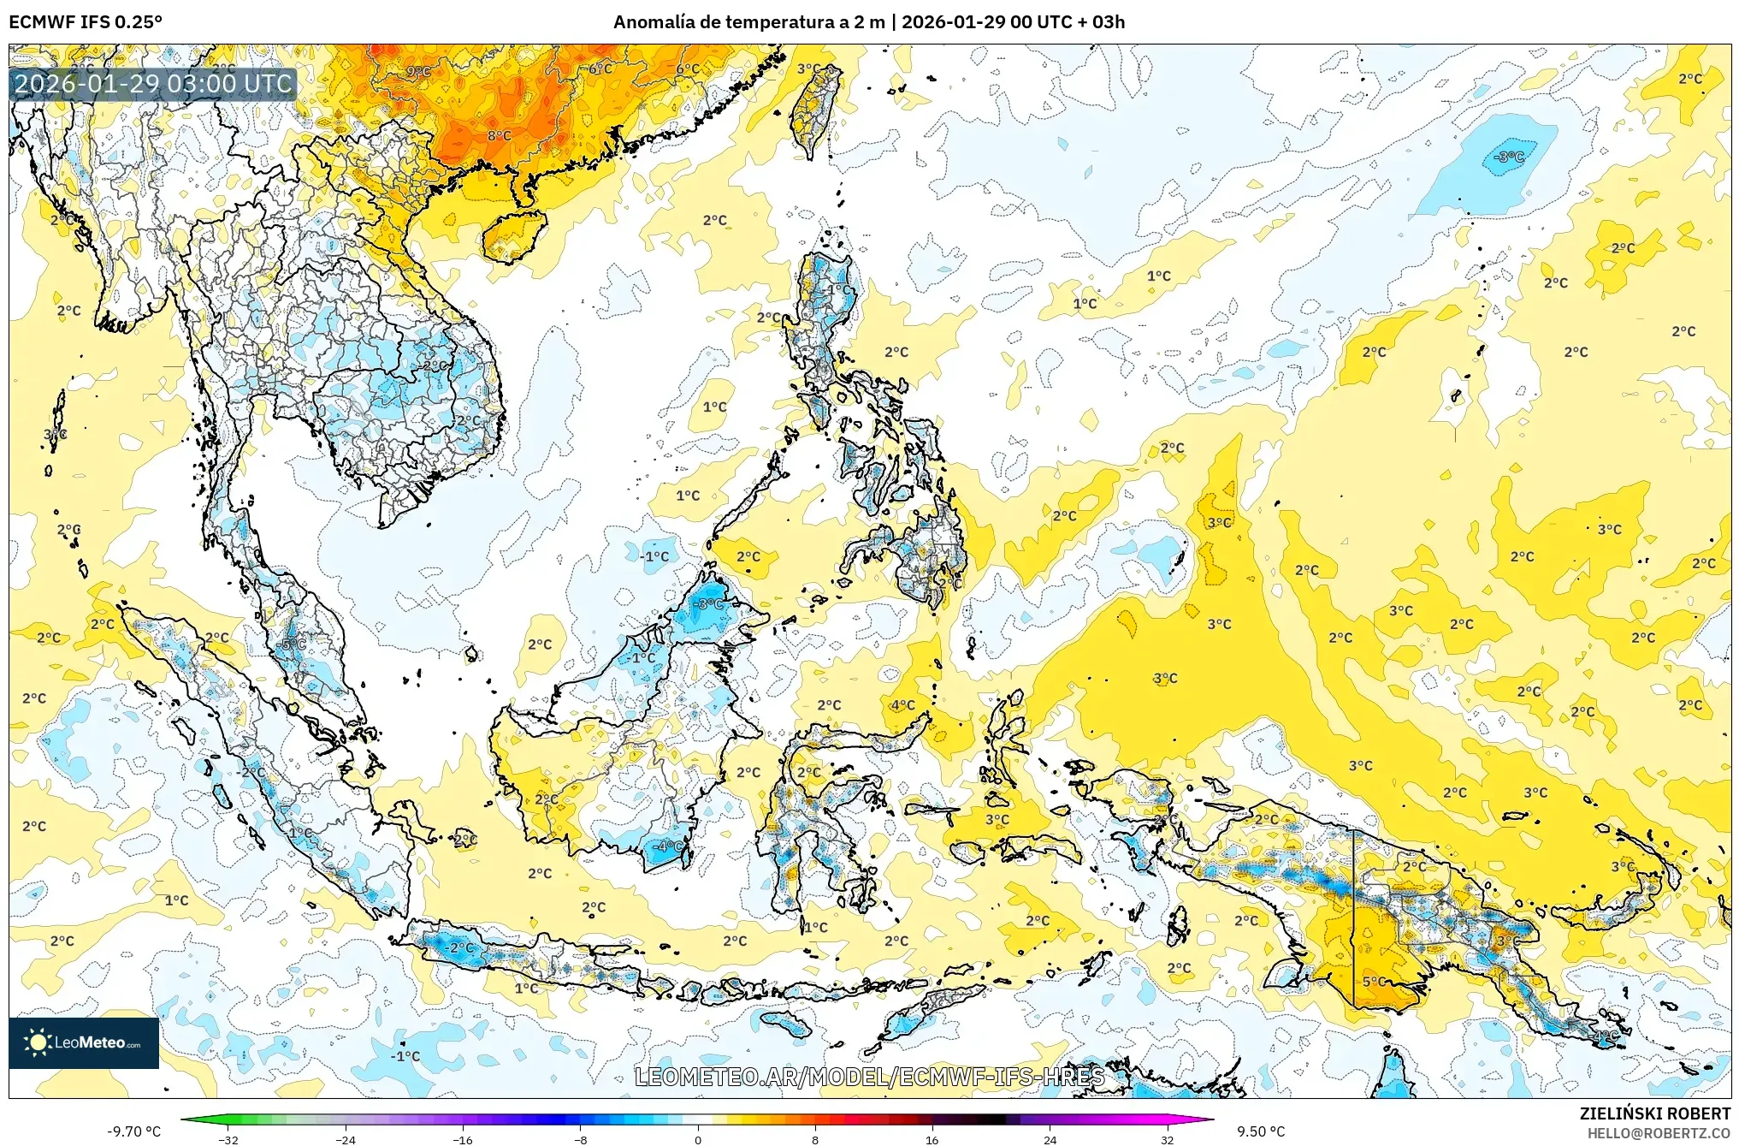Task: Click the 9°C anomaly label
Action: click(x=418, y=72)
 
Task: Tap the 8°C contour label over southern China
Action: click(x=500, y=136)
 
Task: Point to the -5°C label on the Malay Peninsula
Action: click(x=293, y=644)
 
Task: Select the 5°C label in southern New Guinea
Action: click(x=1374, y=982)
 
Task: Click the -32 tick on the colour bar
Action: click(x=228, y=1139)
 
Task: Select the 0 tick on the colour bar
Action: click(x=698, y=1139)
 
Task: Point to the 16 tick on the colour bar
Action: click(x=932, y=1139)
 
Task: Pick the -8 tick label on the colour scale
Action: click(x=580, y=1139)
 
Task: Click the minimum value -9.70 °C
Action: click(x=133, y=1131)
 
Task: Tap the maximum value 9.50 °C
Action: click(x=1261, y=1131)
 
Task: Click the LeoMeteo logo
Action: click(x=84, y=1042)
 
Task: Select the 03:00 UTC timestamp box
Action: click(x=153, y=84)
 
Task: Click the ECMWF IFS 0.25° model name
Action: click(x=86, y=22)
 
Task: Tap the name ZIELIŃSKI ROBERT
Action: click(x=1654, y=1113)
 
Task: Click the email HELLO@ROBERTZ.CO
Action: click(x=1659, y=1133)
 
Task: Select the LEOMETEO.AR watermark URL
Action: click(x=869, y=1077)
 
